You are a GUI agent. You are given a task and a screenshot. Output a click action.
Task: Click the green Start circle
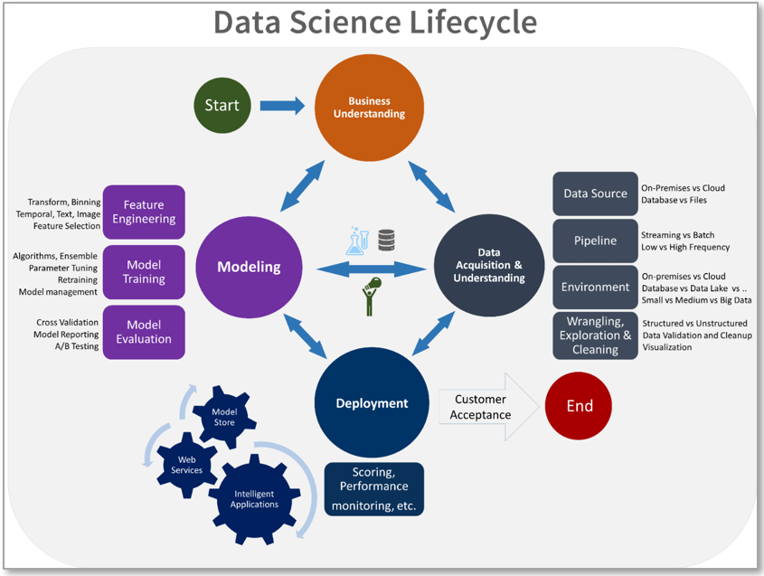pos(222,105)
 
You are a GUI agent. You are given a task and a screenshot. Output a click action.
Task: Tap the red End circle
pos(579,405)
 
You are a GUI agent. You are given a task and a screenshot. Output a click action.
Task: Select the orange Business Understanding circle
pos(369,108)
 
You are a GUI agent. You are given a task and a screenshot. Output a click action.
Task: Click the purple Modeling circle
pos(249,267)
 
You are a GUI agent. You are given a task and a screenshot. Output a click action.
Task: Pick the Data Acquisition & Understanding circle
pos(489,265)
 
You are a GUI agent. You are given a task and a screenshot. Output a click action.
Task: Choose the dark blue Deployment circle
pos(372,402)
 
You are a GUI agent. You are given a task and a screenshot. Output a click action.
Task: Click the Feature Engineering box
pos(144,212)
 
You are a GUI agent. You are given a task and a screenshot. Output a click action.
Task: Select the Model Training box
pos(144,272)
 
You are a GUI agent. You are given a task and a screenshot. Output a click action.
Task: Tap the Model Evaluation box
pos(144,332)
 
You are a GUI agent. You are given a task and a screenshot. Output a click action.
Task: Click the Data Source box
pos(595,194)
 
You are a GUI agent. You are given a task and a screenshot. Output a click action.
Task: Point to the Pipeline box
pos(595,241)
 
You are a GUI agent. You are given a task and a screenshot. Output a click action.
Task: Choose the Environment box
pos(595,287)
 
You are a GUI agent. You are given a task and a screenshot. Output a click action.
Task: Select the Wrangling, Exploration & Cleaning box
pos(595,335)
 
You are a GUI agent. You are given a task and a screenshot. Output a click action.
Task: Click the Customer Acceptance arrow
pos(489,407)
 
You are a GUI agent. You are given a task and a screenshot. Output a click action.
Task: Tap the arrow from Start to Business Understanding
pos(282,106)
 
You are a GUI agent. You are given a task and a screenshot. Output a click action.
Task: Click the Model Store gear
pos(224,417)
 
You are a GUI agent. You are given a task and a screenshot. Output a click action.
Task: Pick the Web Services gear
pos(186,465)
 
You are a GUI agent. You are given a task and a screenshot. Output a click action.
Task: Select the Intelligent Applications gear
pos(254,499)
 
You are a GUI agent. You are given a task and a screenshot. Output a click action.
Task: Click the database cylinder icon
pos(386,241)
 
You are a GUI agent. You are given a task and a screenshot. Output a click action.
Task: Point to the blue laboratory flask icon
pos(357,241)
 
